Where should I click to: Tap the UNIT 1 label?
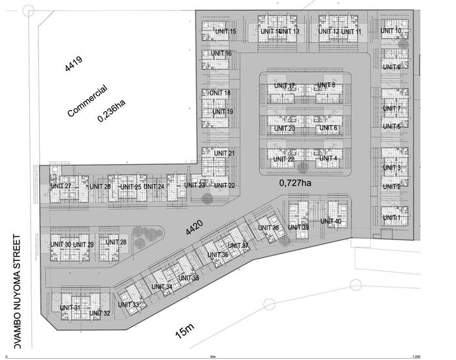point(392,217)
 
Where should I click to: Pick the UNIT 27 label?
point(61,187)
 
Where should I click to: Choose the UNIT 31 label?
point(70,307)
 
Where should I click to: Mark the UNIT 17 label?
point(284,85)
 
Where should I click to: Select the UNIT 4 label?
point(327,158)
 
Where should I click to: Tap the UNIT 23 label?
point(194,186)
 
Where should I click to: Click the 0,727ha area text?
point(296,183)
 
